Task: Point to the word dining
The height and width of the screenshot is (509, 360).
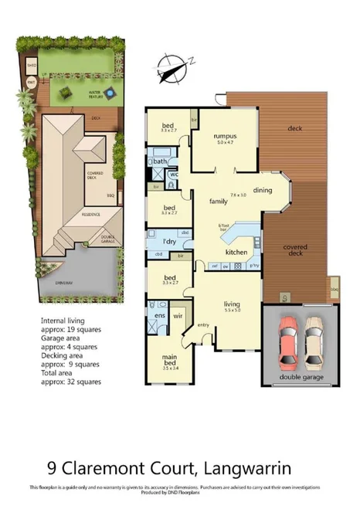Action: click(x=263, y=190)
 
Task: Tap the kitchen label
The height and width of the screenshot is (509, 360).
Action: click(x=236, y=253)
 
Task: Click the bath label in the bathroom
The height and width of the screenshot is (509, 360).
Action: click(x=160, y=161)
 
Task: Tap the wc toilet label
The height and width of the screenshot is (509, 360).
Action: click(x=174, y=175)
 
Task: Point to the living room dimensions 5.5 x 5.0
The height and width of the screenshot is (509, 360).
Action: click(x=232, y=310)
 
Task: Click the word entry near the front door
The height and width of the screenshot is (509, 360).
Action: click(x=204, y=324)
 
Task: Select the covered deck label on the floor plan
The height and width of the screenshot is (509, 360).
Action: click(x=295, y=249)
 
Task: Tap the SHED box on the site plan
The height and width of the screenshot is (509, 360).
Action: click(x=32, y=65)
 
